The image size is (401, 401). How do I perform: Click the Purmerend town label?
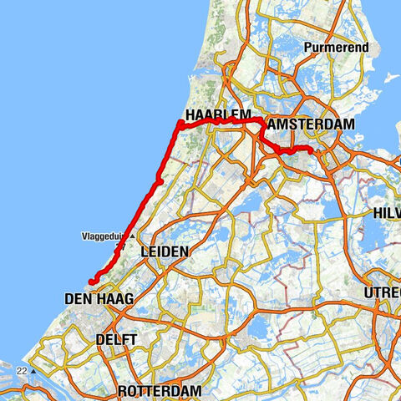337,48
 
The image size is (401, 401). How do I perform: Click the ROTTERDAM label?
160,391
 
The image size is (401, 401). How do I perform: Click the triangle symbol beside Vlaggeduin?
132,235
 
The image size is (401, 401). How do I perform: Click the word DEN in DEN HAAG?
78,297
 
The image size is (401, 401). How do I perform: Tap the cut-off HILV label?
387,214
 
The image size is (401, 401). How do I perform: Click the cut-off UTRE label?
383,293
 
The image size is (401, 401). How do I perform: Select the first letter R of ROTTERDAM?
122,391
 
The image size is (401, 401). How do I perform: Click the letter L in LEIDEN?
144,251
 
